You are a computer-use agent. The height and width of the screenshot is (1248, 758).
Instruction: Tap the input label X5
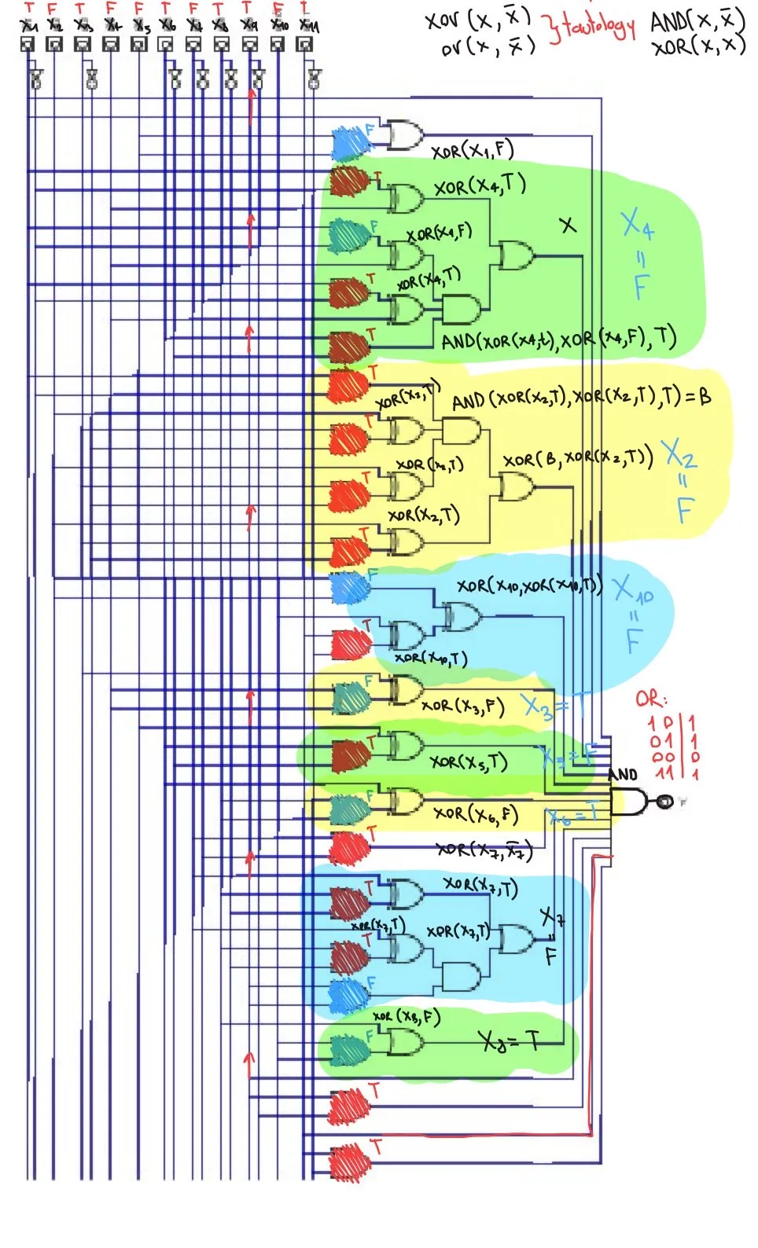(x=141, y=26)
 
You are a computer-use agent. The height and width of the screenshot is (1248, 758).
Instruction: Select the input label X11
(x=308, y=26)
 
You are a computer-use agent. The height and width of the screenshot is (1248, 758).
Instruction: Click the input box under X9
(x=249, y=44)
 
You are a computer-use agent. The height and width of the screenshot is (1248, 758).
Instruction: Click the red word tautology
(x=592, y=28)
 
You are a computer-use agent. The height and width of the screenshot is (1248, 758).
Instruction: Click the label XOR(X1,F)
(x=472, y=149)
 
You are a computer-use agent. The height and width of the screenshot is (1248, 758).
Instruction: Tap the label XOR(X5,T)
(x=468, y=762)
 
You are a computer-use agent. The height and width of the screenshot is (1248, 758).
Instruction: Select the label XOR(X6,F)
(x=475, y=813)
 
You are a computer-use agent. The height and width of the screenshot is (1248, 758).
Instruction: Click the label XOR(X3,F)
(x=462, y=705)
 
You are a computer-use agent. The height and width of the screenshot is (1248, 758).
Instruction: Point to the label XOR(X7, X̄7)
(x=484, y=850)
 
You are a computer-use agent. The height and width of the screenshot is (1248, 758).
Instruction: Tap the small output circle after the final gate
(x=664, y=802)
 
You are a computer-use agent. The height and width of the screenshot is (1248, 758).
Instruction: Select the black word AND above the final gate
(x=623, y=775)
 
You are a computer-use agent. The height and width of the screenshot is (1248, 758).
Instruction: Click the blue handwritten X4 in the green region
(x=636, y=225)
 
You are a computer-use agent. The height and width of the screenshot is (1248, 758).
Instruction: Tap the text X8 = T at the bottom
(x=510, y=1042)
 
